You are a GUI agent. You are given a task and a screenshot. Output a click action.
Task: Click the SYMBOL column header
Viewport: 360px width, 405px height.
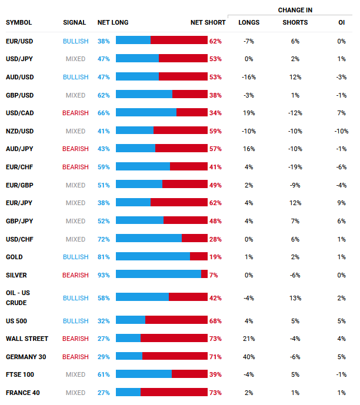[19, 23]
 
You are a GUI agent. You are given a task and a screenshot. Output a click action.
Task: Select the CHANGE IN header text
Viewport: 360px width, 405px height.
[295, 10]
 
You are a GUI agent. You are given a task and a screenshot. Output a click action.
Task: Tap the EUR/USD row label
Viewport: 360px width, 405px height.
[19, 41]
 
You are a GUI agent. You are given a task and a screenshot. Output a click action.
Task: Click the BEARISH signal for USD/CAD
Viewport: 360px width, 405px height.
[75, 113]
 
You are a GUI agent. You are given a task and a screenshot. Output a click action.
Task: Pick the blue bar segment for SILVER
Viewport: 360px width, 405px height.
[158, 275]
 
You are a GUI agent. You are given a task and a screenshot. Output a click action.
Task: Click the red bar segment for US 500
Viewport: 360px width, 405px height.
[176, 320]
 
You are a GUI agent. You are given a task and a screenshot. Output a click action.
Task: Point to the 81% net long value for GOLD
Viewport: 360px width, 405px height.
[104, 257]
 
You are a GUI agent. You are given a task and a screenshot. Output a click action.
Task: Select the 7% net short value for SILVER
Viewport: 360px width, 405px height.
[214, 275]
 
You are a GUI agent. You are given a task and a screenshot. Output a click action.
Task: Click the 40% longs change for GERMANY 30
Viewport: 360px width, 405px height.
[249, 357]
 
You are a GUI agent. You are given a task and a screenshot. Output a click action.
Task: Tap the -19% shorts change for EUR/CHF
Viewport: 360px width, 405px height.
[295, 167]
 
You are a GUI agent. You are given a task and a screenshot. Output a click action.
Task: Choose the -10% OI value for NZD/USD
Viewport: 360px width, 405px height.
[341, 131]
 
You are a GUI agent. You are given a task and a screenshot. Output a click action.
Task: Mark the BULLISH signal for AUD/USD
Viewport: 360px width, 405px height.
[75, 77]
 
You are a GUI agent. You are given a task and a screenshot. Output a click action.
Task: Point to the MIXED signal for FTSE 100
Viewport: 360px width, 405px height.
[75, 374]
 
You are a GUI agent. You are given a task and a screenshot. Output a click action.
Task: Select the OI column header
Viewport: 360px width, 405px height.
[342, 23]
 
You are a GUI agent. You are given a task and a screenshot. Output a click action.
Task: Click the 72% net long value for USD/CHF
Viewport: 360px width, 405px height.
[104, 239]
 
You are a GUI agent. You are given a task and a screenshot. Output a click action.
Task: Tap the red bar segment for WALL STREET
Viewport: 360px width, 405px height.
[174, 339]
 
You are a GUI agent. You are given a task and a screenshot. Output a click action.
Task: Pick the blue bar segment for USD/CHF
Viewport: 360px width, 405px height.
[149, 239]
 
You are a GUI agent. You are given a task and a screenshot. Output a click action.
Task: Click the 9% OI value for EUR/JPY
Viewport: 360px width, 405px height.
[342, 203]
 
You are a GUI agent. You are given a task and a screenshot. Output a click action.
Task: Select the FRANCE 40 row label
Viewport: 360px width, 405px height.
[23, 393]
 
